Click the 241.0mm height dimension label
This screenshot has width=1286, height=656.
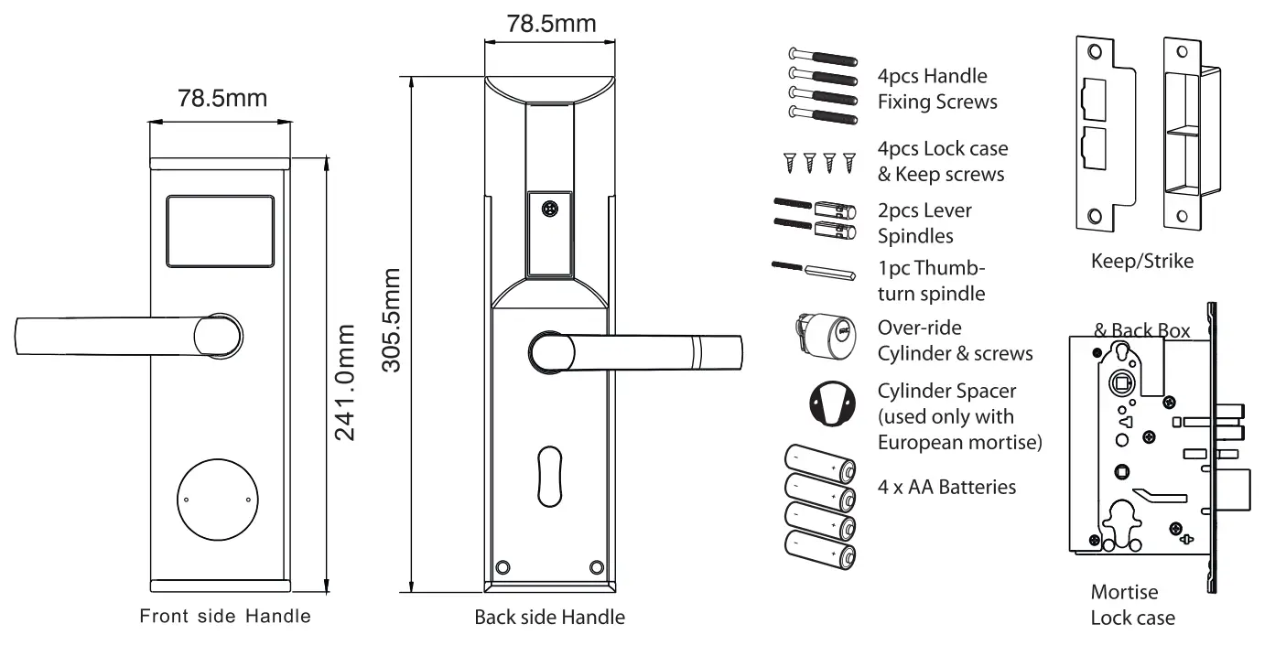coord(345,381)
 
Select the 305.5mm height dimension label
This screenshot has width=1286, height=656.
coord(392,320)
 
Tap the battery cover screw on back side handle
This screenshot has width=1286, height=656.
coord(549,209)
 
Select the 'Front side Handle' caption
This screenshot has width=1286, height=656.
coord(224,616)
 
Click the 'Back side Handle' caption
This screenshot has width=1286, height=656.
coord(549,618)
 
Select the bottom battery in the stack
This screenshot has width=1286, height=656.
coord(819,554)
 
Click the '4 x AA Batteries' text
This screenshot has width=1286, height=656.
coord(946,487)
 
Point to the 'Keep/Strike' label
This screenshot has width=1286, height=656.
coord(1141,262)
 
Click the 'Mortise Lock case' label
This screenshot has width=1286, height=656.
coord(1131,605)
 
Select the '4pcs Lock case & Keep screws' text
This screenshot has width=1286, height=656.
coord(943,161)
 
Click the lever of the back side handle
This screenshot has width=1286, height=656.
coord(641,352)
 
